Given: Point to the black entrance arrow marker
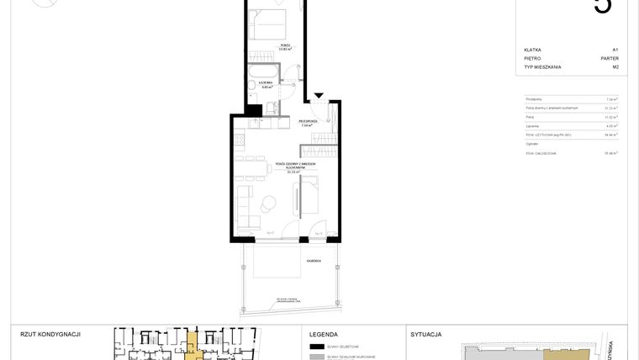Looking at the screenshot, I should [x=318, y=97].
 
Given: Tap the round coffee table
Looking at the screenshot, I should [x=270, y=203].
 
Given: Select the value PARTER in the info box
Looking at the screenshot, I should [x=610, y=58].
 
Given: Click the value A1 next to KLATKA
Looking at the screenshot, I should [x=615, y=50].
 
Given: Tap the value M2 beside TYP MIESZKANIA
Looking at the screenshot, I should [x=615, y=66].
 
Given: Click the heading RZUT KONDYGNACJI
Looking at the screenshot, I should [x=50, y=334].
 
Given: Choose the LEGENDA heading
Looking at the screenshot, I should [x=324, y=334].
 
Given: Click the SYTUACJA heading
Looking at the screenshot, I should [x=426, y=334].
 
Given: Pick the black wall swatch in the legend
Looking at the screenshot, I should [x=317, y=346].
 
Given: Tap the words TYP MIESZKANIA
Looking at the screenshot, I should [x=543, y=66].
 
